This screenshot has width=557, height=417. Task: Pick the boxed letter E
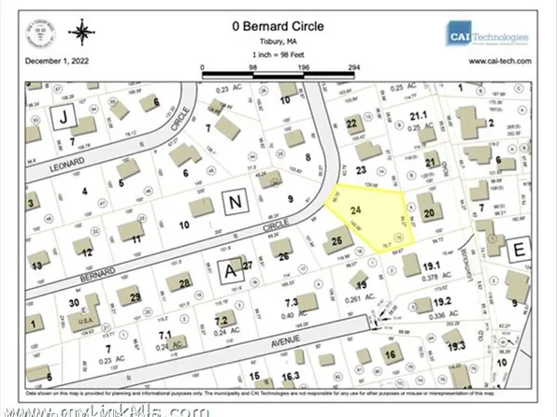[519, 250]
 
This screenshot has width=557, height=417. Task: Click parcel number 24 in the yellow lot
[354, 211]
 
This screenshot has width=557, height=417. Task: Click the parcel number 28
[185, 283]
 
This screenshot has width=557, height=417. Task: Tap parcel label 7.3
[291, 303]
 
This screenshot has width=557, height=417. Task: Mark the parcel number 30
[74, 303]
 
